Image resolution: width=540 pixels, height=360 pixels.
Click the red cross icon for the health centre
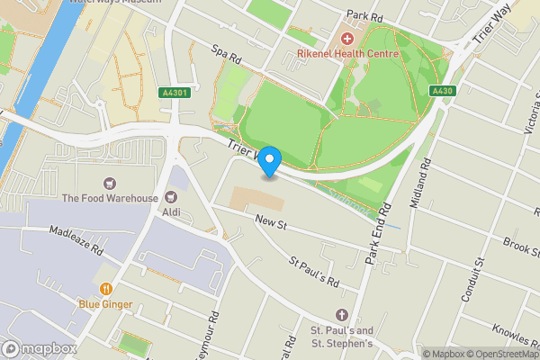[347, 39]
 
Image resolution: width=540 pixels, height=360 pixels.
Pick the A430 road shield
[442, 91]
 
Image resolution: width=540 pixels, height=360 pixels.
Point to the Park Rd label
[365, 16]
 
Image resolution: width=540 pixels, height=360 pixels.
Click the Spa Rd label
[228, 56]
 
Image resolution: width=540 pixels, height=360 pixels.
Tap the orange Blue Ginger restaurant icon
[106, 289]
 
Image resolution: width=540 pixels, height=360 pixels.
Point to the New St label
[269, 220]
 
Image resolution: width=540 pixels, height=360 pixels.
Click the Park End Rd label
[375, 234]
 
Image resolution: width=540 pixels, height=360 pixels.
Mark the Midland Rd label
[421, 184]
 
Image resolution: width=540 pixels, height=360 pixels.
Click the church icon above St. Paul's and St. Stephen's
[341, 315]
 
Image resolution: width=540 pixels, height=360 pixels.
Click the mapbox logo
[40, 348]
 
